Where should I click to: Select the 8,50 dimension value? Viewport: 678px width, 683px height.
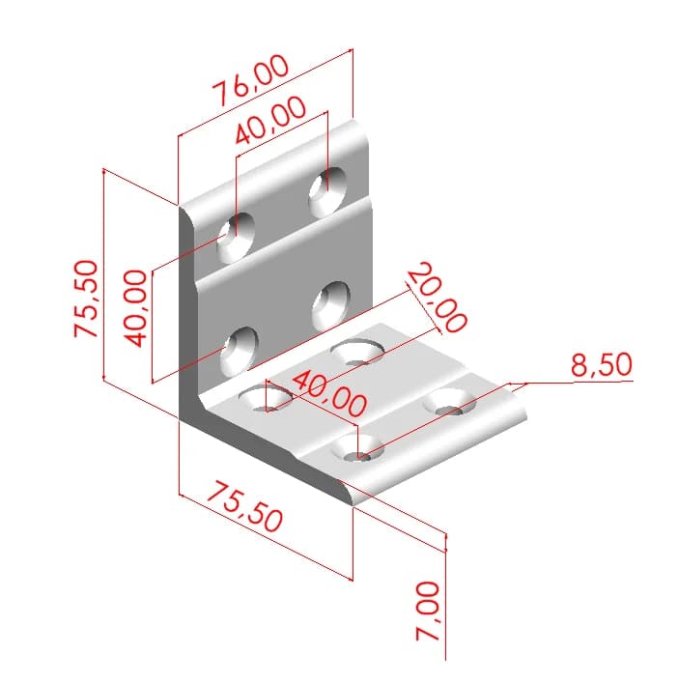pyautogui.click(x=600, y=365)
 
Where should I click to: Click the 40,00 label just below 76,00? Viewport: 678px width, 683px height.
pyautogui.click(x=270, y=122)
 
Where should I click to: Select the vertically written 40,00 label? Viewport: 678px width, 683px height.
pyautogui.click(x=136, y=308)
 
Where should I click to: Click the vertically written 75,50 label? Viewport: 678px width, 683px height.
pyautogui.click(x=86, y=299)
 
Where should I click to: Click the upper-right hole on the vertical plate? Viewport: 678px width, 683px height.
pyautogui.click(x=328, y=189)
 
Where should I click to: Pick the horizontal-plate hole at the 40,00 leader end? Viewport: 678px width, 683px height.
pyautogui.click(x=359, y=449)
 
